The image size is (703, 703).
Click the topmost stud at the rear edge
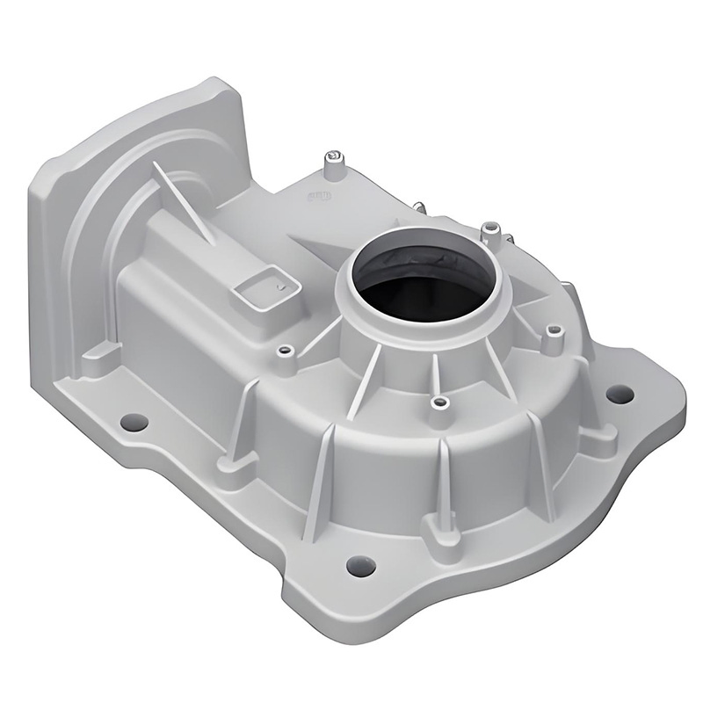coord(332,161)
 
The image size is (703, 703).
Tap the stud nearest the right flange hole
coord(554,334)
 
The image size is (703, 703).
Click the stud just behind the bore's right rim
coord(492,232)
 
